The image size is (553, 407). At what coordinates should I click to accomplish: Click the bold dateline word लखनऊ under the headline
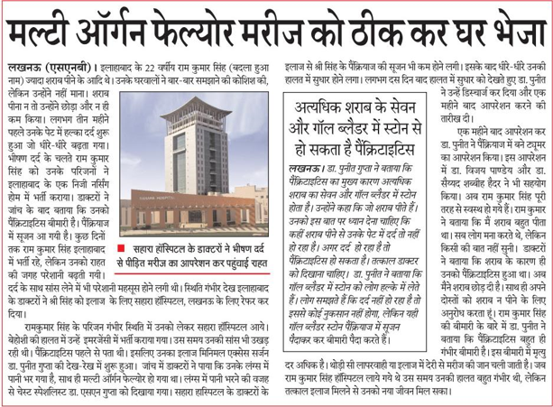[22, 68]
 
